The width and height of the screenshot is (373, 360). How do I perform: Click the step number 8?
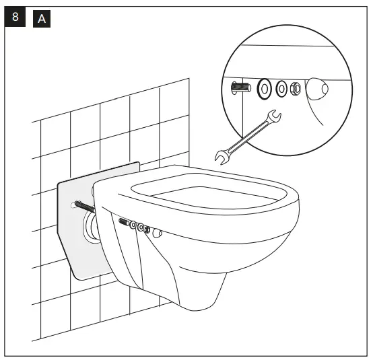[x=15, y=18]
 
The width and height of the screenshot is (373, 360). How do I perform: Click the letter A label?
[x=41, y=19]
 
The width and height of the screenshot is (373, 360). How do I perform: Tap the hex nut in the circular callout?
[x=296, y=88]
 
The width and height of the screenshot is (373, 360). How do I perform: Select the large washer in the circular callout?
[x=263, y=87]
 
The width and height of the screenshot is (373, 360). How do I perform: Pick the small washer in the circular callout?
[x=281, y=88]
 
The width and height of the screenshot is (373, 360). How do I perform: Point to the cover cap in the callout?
[x=318, y=89]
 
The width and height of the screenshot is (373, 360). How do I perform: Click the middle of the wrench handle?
[x=246, y=139]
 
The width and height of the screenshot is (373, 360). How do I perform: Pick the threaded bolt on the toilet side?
[x=125, y=222]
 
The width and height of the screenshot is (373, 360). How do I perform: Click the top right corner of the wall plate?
[x=138, y=162]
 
